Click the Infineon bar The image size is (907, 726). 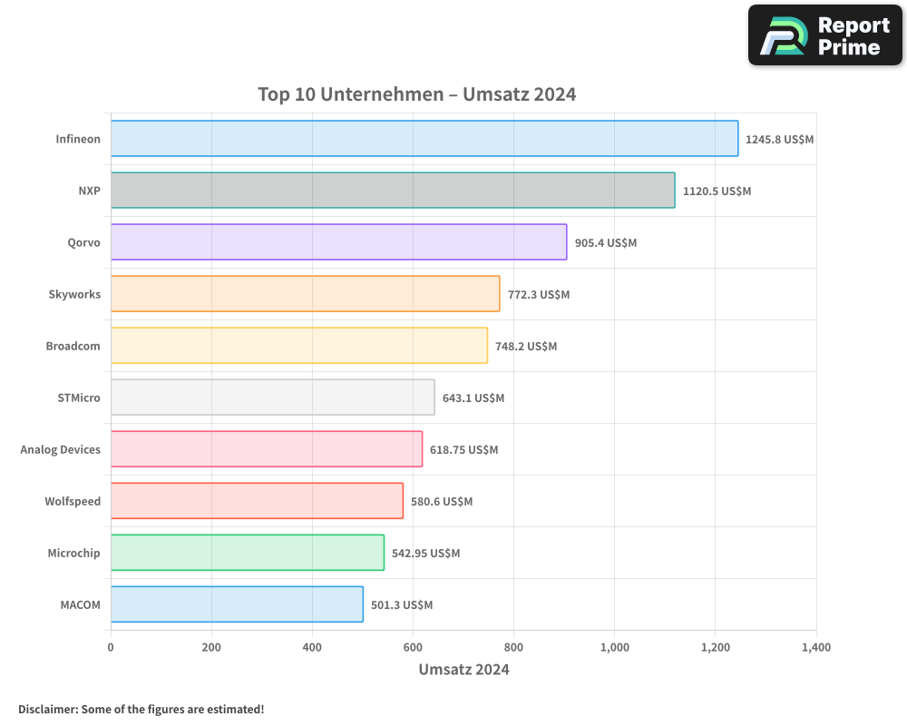(x=424, y=139)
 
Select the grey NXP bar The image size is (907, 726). (x=393, y=191)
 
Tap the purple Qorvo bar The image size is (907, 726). (x=338, y=242)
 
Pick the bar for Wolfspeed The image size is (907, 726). (x=257, y=501)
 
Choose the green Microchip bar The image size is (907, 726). (x=247, y=553)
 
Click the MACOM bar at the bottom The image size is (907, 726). (x=237, y=604)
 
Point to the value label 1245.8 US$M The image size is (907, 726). (x=780, y=140)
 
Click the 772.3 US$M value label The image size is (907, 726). (x=539, y=295)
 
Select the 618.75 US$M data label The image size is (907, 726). (x=464, y=450)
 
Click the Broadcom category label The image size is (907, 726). (x=73, y=347)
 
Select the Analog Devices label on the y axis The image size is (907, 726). (x=61, y=450)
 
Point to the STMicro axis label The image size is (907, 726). (x=79, y=398)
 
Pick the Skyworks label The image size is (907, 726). (x=74, y=295)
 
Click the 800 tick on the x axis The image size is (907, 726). (x=513, y=648)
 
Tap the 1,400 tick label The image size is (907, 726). (x=815, y=648)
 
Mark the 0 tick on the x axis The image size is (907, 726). (x=111, y=648)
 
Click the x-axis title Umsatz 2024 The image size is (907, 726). (x=463, y=670)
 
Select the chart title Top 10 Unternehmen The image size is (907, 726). (x=416, y=94)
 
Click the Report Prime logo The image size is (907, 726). (x=825, y=35)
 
